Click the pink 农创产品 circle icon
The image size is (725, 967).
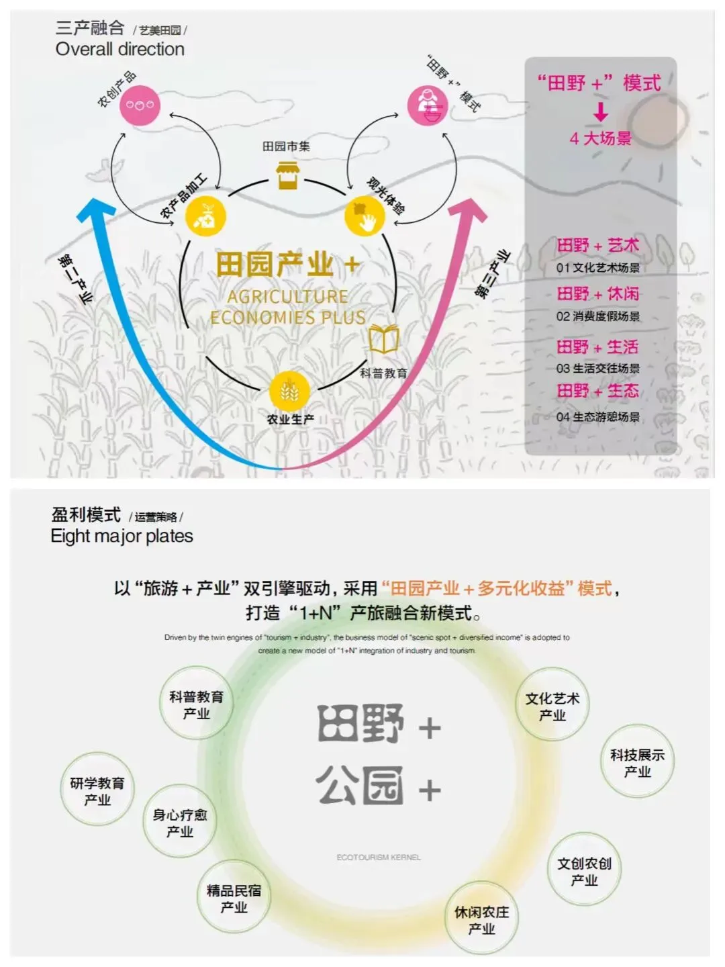click(x=140, y=105)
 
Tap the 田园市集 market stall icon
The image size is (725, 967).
click(x=287, y=175)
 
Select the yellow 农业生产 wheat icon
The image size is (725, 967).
click(x=289, y=391)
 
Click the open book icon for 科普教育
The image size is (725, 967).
click(x=383, y=339)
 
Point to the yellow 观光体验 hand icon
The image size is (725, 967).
click(x=365, y=216)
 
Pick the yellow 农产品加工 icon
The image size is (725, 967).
click(x=205, y=216)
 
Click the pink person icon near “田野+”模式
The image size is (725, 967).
click(x=428, y=105)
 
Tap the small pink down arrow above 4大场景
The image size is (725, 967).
click(x=601, y=111)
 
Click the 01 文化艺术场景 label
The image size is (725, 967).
click(x=597, y=268)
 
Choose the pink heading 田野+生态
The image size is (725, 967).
click(x=597, y=391)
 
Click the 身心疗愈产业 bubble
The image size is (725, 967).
click(x=179, y=823)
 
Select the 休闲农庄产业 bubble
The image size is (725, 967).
click(x=481, y=920)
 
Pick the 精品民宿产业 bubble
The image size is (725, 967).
click(x=234, y=899)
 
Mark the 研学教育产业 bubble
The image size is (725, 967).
click(x=97, y=791)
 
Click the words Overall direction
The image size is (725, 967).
click(x=119, y=50)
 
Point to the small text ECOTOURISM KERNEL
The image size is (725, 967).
click(x=379, y=858)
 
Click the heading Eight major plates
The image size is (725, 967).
click(x=122, y=537)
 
